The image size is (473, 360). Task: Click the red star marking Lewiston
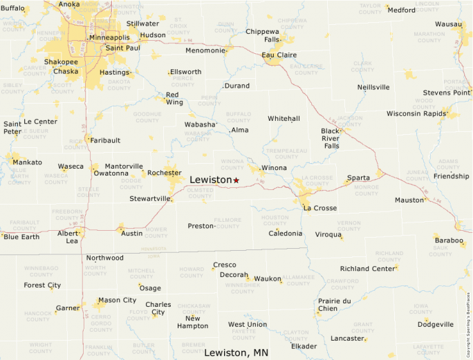236,180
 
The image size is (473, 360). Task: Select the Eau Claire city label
279,55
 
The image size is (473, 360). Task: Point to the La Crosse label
319,208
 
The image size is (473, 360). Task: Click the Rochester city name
165,173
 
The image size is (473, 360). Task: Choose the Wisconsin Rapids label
417,113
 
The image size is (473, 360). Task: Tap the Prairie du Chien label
335,305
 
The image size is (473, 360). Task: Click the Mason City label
117,301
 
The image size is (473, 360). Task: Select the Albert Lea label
68,237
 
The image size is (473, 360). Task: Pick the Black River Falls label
330,138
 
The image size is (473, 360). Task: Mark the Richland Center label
367,269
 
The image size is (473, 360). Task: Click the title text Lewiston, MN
236,352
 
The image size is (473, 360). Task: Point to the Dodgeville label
436,325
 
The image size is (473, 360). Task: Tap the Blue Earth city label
21,237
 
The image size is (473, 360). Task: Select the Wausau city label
448,24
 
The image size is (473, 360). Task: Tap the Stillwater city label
142,23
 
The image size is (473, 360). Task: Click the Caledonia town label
286,234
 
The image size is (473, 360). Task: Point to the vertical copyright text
468,315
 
